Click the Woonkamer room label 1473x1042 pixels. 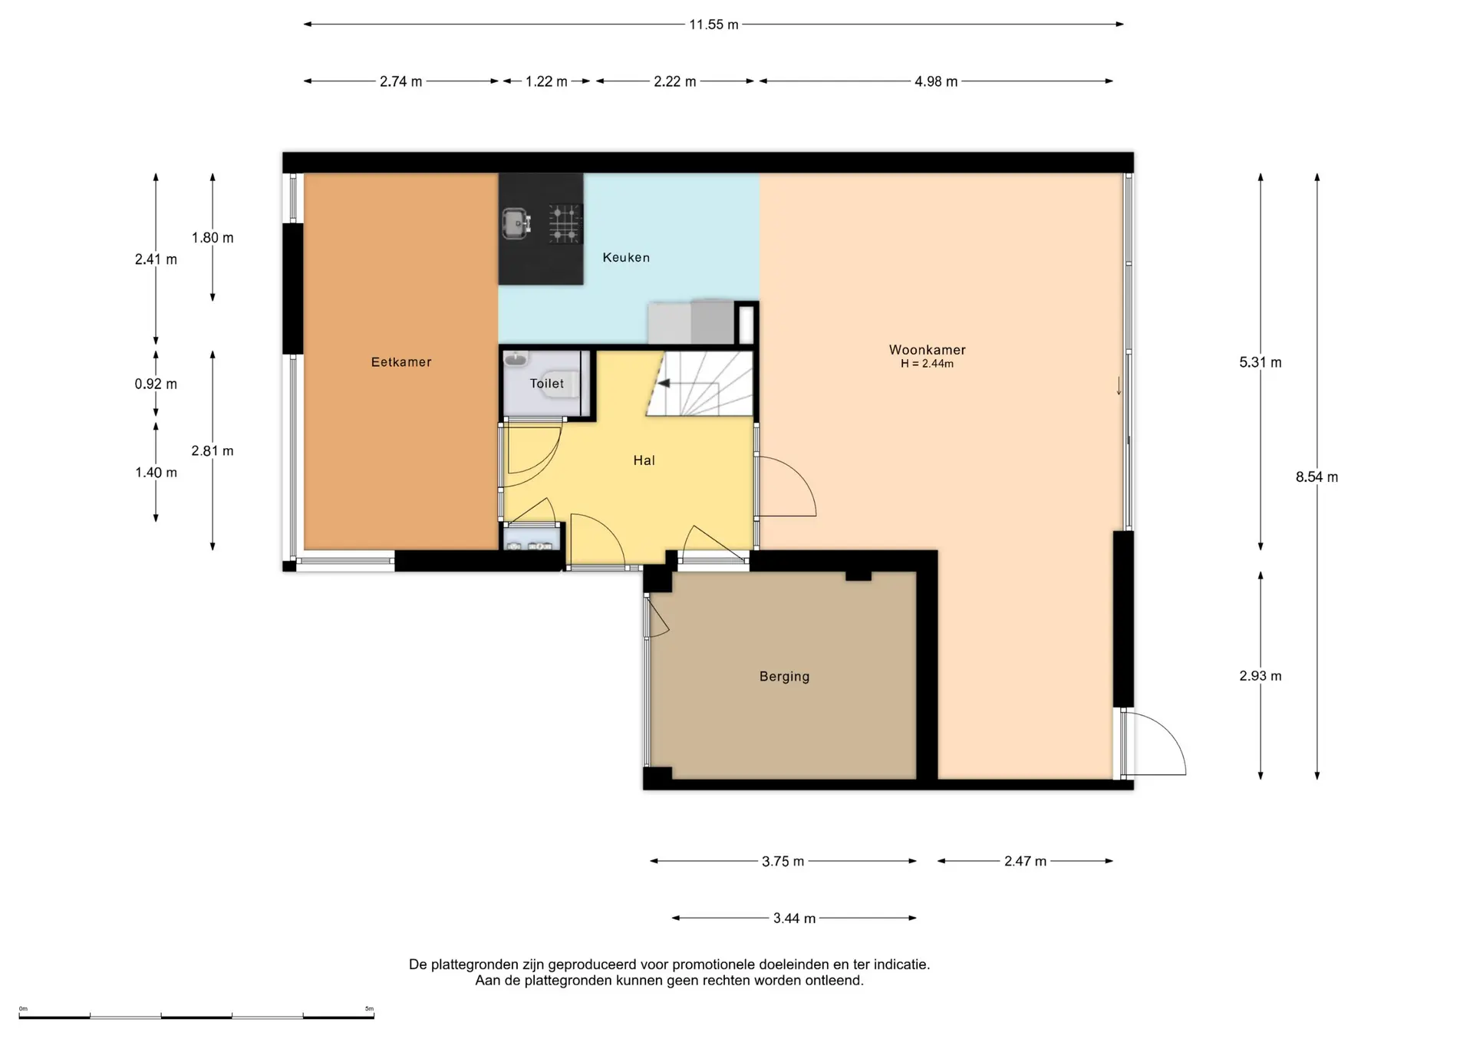point(927,349)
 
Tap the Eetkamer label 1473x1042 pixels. point(401,362)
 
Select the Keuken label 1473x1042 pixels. point(626,258)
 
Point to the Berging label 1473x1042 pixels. point(784,677)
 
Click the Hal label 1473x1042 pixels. point(644,460)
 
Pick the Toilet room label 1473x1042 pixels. point(547,384)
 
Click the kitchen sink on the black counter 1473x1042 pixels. point(517,223)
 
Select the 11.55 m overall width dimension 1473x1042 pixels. point(713,25)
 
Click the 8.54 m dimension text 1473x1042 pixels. point(1316,477)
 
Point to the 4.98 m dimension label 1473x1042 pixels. point(936,81)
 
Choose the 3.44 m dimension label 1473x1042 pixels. point(794,918)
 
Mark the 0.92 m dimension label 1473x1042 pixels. point(156,384)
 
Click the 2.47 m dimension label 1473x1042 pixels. point(1025,862)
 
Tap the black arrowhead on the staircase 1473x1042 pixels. point(664,384)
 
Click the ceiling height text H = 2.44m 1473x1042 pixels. point(927,364)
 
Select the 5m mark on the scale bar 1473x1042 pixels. point(369,1009)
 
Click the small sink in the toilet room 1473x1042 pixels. point(516,358)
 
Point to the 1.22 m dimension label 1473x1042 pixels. point(546,81)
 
